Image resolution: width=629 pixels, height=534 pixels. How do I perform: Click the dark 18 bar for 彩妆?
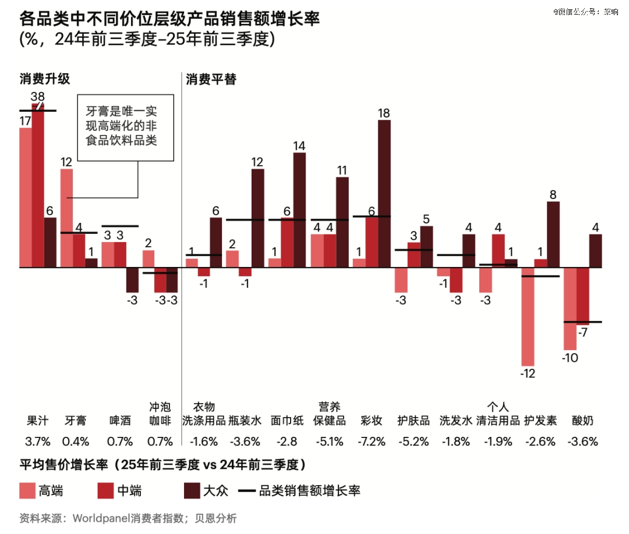pos(384,194)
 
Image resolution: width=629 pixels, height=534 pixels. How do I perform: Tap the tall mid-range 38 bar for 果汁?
pos(38,185)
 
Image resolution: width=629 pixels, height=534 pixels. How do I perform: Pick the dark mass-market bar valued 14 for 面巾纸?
pos(299,210)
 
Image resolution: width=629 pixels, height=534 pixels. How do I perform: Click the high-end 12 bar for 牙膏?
pos(67,218)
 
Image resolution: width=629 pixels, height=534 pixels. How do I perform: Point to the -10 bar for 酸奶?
pos(570,308)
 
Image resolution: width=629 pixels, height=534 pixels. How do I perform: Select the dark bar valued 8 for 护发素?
pos(553,234)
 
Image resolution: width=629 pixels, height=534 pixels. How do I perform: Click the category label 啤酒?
pos(120,421)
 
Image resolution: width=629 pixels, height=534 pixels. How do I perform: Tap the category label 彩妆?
pos(372,421)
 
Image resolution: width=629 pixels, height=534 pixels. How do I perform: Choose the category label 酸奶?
pos(582,421)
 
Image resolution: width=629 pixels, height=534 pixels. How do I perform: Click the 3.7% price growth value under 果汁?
pos(38,441)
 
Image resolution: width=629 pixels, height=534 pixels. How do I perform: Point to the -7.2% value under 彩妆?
pos(372,441)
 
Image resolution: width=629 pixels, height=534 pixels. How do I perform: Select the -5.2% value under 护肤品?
pos(414,441)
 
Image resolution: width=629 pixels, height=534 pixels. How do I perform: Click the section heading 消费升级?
pos(45,79)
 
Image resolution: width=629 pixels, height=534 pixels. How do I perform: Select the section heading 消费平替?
pos(211,79)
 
